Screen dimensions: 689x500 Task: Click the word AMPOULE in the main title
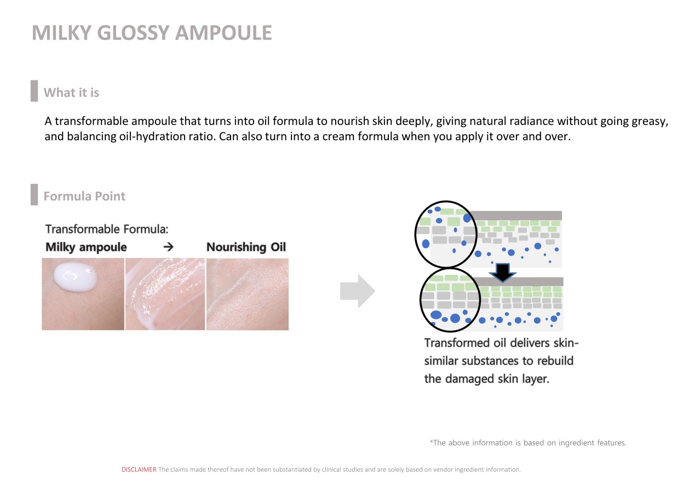223,33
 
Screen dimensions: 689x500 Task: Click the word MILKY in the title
62,33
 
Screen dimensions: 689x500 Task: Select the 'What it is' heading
71,93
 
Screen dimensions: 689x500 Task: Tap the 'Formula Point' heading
84,196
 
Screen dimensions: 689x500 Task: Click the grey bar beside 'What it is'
34,91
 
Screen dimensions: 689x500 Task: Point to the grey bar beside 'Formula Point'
34,194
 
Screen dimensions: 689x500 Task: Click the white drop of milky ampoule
74,277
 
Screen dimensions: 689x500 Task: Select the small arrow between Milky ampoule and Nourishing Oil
168,247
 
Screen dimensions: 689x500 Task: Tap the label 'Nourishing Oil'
246,247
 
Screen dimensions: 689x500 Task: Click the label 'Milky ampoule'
86,247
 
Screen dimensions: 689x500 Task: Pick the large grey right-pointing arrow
358,291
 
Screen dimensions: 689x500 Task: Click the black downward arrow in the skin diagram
502,272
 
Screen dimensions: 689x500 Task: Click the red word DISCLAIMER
139,469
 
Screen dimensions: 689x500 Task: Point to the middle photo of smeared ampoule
165,294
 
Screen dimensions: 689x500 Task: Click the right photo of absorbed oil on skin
248,294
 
